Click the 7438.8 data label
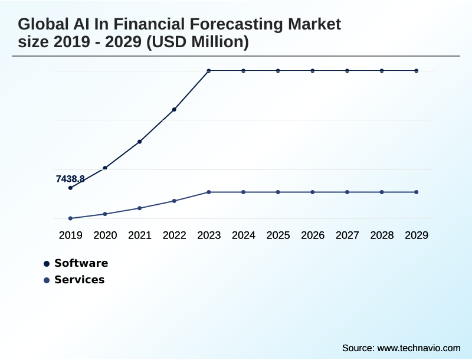(x=70, y=179)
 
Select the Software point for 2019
(x=70, y=188)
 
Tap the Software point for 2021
(x=140, y=142)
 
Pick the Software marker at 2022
(x=174, y=109)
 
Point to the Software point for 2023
(x=209, y=71)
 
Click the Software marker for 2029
(x=417, y=71)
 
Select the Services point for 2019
(x=70, y=218)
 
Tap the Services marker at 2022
(x=174, y=201)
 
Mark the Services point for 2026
(x=313, y=192)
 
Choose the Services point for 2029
(x=417, y=192)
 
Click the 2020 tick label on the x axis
(x=105, y=235)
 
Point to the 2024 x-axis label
(x=244, y=235)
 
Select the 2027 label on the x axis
(x=348, y=235)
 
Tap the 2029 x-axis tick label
(x=417, y=235)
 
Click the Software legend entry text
(x=81, y=263)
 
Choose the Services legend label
(x=79, y=280)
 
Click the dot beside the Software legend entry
(x=47, y=264)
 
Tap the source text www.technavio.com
(x=418, y=348)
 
